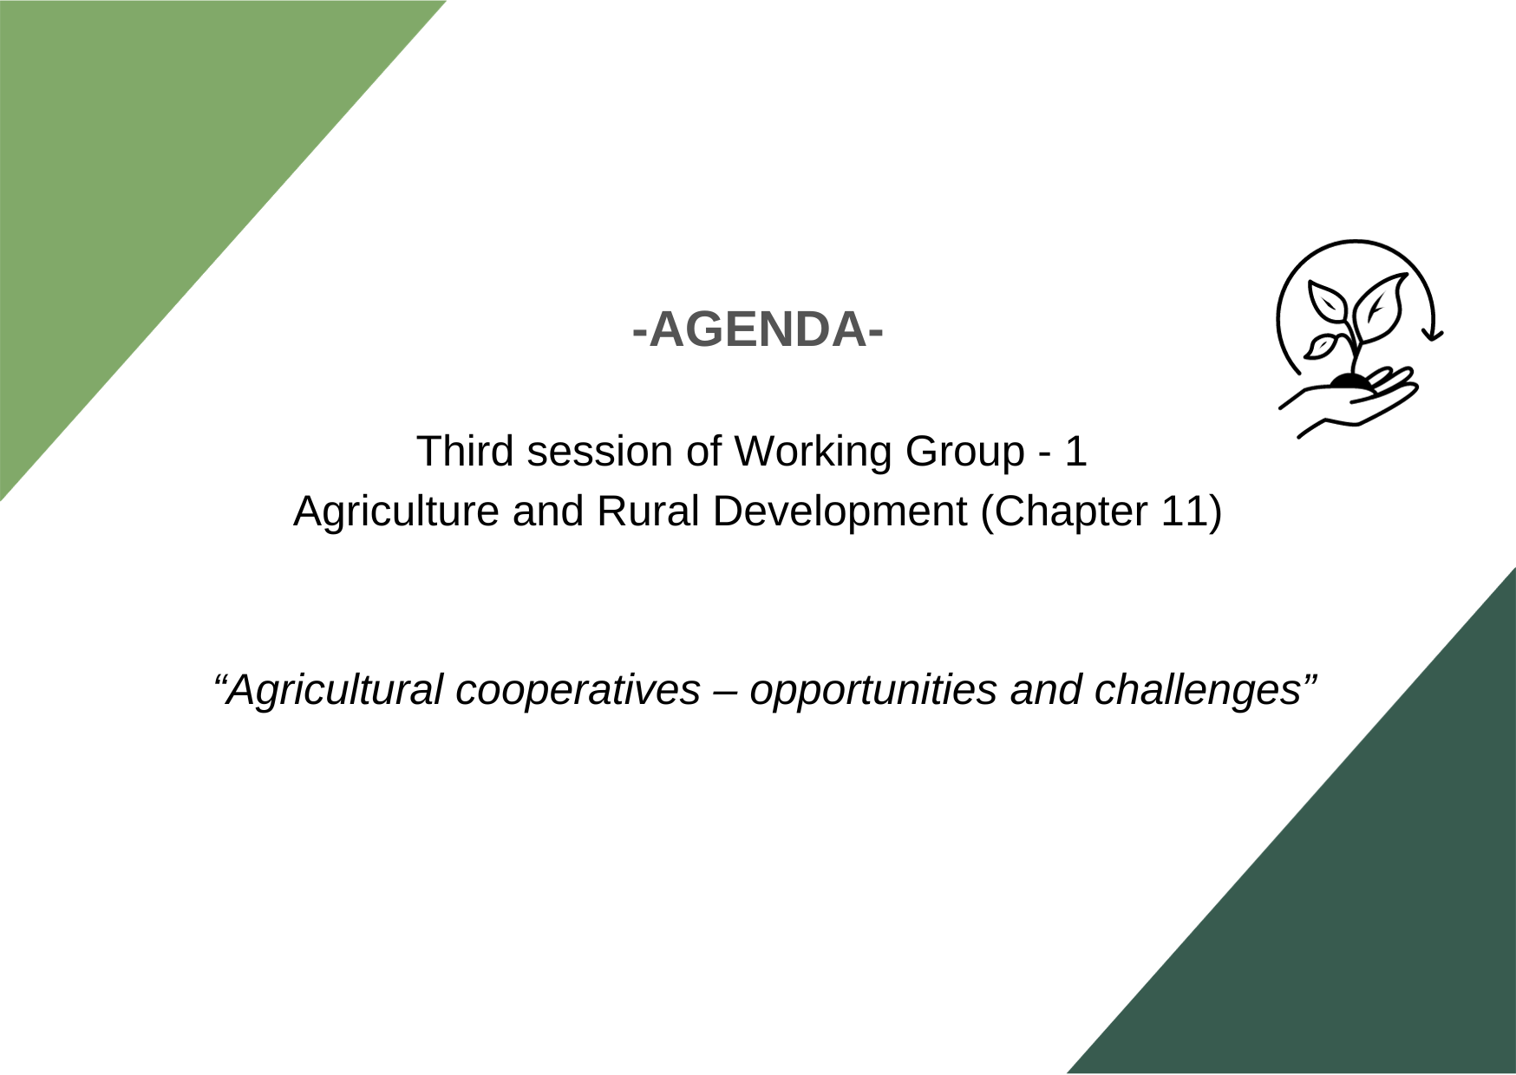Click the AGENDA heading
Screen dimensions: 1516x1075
tap(758, 329)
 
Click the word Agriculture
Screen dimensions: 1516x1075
tap(395, 512)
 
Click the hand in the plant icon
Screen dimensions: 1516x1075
tap(1349, 403)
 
